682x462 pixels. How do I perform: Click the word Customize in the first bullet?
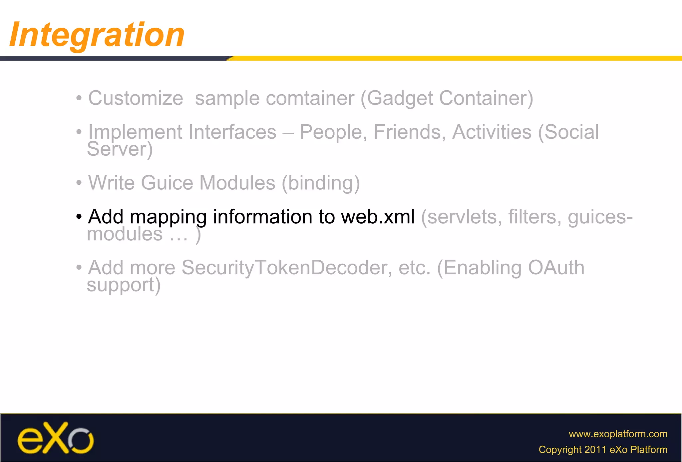[x=136, y=98]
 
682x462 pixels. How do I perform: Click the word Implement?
[x=135, y=133]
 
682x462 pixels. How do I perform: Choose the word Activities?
[x=492, y=132]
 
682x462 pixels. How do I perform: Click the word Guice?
[x=167, y=183]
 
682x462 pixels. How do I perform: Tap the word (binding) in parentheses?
[x=321, y=184]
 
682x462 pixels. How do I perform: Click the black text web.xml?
[x=378, y=217]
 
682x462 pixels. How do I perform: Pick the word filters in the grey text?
[x=532, y=217]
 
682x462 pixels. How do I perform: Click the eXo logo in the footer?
[x=56, y=438]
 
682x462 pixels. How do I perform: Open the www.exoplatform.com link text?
[x=618, y=434]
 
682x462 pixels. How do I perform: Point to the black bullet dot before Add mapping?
[x=79, y=217]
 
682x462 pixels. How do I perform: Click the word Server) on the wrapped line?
[x=120, y=150]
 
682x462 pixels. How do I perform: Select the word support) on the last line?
[x=124, y=285]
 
